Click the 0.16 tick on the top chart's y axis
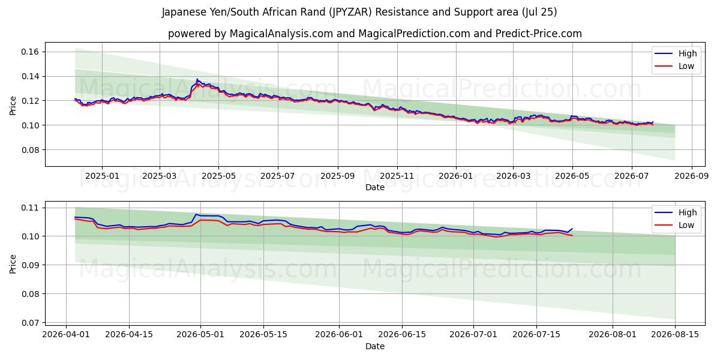coord(30,52)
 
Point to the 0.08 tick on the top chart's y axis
coord(30,150)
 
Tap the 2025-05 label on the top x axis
coord(218,176)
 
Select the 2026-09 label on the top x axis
coord(691,176)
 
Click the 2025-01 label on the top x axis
coord(102,176)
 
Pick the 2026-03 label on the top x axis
coord(513,176)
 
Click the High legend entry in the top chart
coord(687,53)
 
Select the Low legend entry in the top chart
coord(686,66)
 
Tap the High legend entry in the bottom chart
coord(687,212)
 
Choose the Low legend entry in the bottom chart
coord(686,226)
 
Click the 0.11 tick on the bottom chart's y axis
coord(30,208)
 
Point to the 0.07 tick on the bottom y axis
coord(30,323)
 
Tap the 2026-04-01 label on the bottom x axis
coord(66,334)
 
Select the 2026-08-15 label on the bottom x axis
coord(675,334)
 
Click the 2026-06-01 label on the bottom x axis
coord(339,334)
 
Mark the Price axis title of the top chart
coord(13,106)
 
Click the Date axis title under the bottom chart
coord(375,347)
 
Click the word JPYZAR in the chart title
coord(350,12)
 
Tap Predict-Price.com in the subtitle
coord(539,34)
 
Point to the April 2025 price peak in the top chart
coord(197,79)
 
